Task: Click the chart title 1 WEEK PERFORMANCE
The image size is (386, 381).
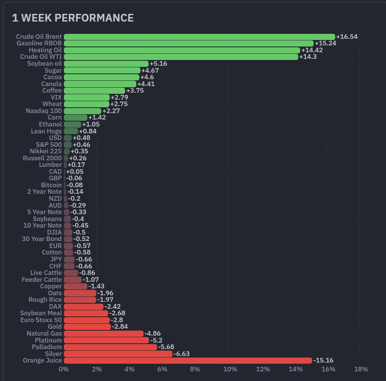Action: click(x=73, y=18)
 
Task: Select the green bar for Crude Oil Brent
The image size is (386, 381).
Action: click(x=199, y=37)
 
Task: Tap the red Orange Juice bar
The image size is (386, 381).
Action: click(x=188, y=361)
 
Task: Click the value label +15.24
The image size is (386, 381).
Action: click(x=326, y=43)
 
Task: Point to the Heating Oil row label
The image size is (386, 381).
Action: click(x=45, y=50)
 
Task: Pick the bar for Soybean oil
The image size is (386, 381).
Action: click(x=106, y=64)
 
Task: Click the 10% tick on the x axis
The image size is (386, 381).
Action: click(x=230, y=369)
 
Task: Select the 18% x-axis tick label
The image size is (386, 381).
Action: click(x=361, y=369)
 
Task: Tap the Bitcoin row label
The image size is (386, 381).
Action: click(x=51, y=185)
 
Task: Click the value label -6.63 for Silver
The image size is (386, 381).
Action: click(x=182, y=354)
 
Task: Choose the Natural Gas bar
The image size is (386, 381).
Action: click(x=104, y=334)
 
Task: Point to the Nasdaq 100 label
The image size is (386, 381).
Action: click(x=43, y=111)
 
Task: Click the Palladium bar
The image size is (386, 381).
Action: click(x=110, y=347)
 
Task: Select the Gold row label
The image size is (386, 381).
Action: click(x=54, y=327)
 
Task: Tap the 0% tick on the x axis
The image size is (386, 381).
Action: click(x=63, y=369)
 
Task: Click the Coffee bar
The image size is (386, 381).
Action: click(x=94, y=91)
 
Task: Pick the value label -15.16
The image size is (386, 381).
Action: click(x=323, y=361)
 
